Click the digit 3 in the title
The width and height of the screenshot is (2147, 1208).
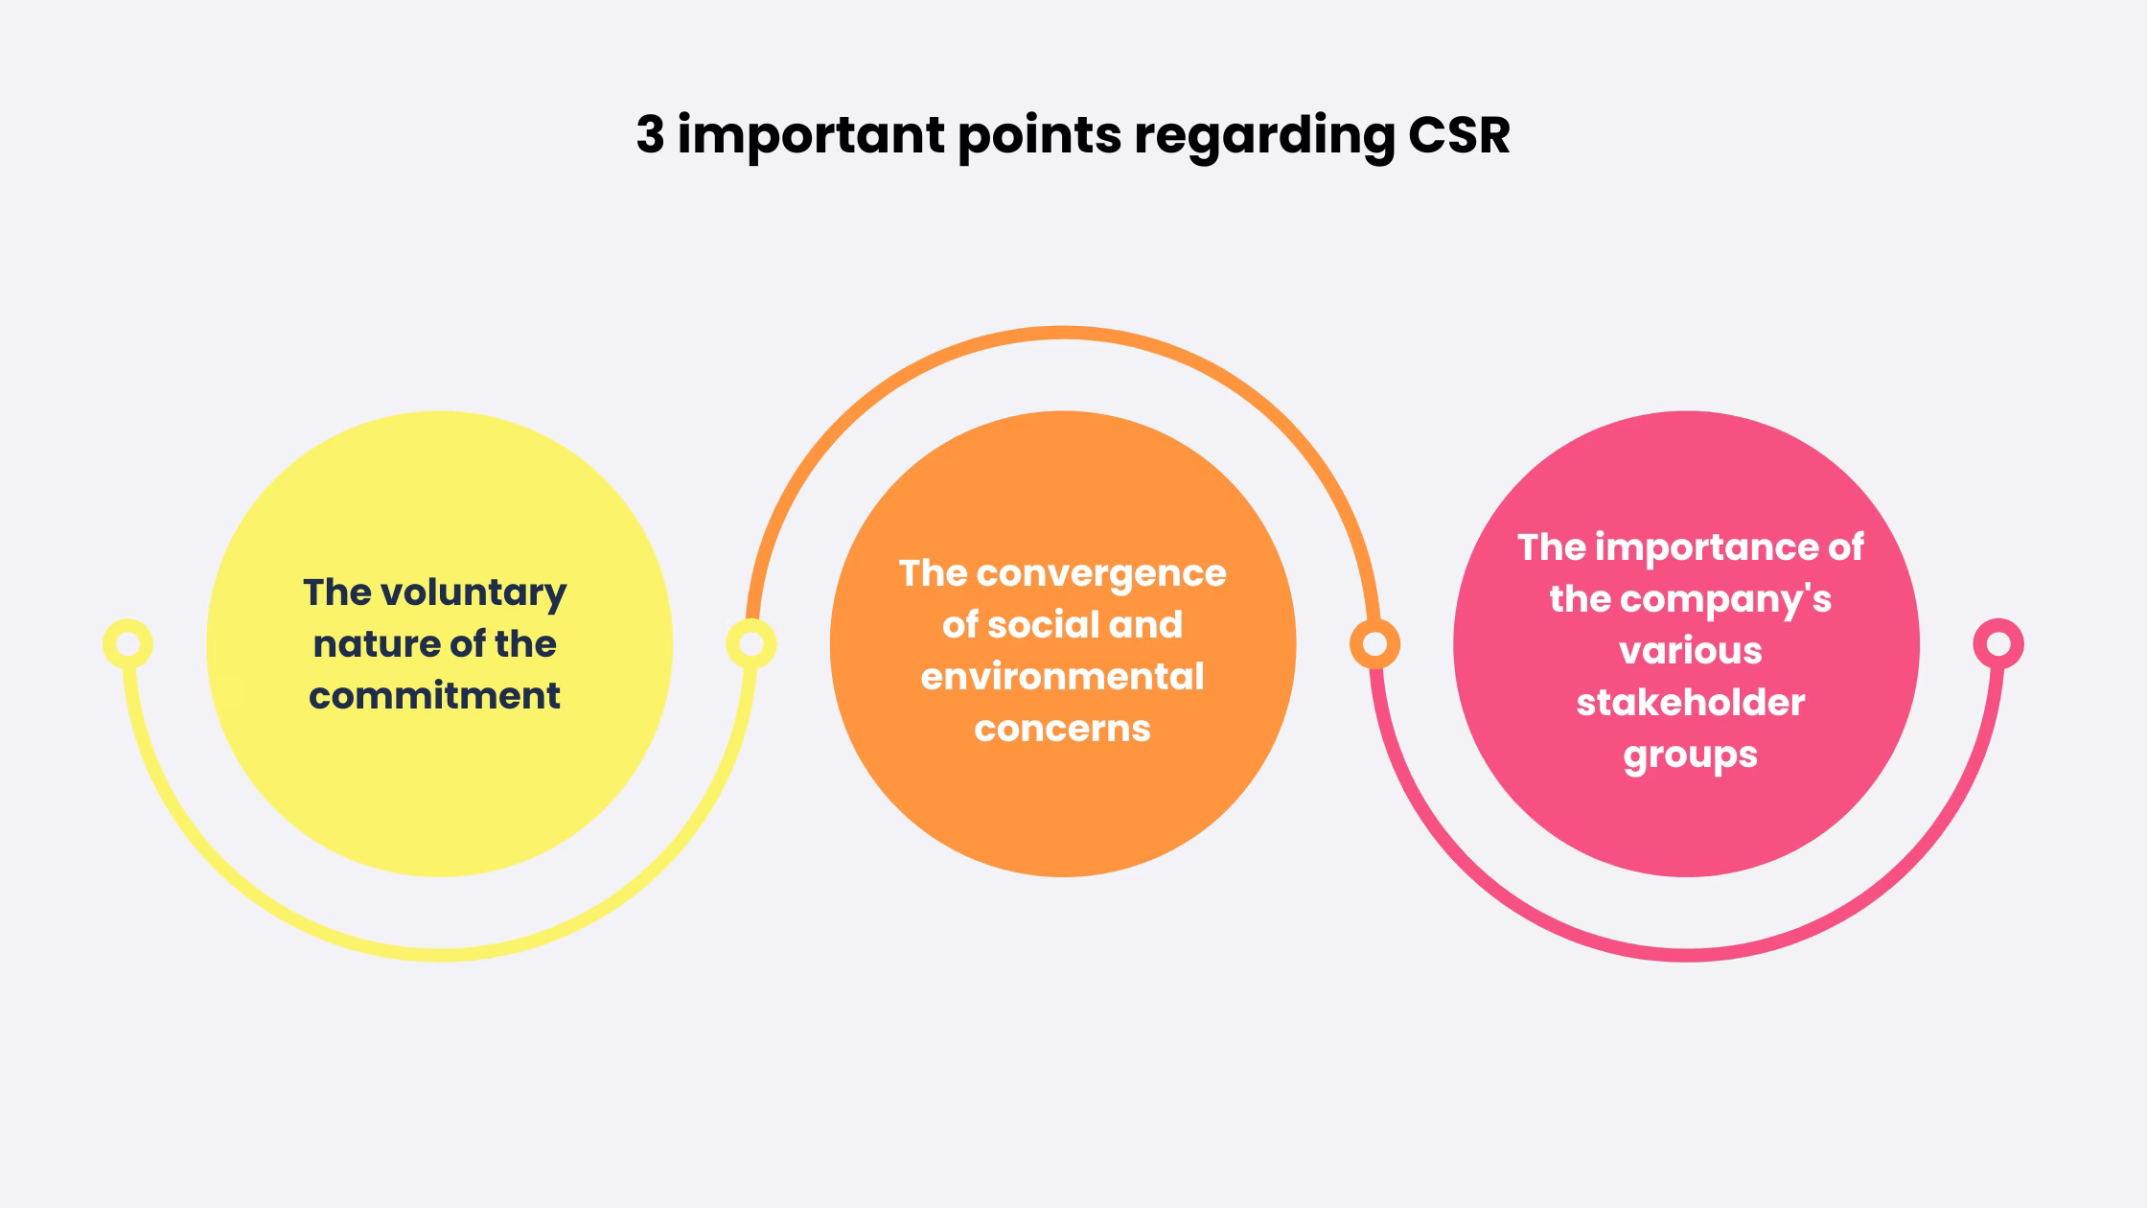tap(650, 134)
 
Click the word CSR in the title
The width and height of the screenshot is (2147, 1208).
tap(1458, 134)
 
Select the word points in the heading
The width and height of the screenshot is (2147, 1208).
tap(1039, 135)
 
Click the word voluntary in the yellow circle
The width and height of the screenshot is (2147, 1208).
tap(473, 593)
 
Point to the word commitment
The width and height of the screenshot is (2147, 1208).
tap(434, 696)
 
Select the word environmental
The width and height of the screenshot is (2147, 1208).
tap(1062, 677)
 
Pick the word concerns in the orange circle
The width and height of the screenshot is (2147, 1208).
tap(1062, 729)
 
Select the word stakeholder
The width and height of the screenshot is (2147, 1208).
tap(1691, 703)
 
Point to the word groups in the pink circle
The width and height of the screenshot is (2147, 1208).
tap(1691, 755)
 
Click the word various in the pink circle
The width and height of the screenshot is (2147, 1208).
tap(1691, 651)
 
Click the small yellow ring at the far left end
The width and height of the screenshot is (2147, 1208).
tap(127, 644)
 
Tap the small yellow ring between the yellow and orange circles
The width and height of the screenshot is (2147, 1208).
tap(750, 644)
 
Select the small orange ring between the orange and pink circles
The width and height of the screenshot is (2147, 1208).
tap(1374, 644)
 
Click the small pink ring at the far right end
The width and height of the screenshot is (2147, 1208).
tap(1998, 644)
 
